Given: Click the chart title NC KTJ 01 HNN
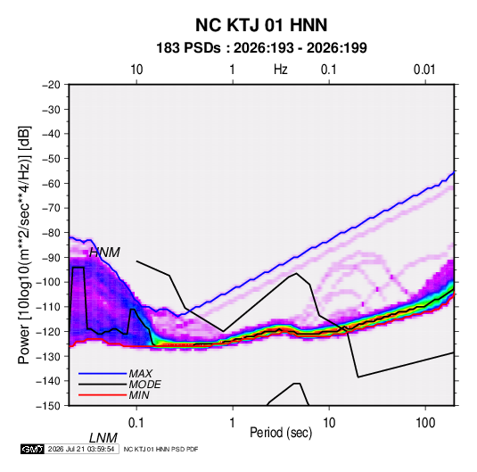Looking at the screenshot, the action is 261,25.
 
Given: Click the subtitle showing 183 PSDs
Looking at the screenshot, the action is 261,48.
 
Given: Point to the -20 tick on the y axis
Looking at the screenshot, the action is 51,85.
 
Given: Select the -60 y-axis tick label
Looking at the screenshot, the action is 51,183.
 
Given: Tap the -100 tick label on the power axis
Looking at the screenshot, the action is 48,282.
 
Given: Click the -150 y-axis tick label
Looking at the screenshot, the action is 48,406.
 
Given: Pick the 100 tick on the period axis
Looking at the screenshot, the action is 425,423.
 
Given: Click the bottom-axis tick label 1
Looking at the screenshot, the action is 233,423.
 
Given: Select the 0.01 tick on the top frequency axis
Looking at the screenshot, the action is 424,70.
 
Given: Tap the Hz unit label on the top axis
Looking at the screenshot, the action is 281,70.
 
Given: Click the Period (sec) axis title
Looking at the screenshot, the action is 281,433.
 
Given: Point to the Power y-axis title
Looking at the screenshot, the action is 24,245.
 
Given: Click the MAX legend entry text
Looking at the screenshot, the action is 140,374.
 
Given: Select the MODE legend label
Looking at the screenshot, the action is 144,385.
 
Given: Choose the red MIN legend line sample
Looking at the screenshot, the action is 103,395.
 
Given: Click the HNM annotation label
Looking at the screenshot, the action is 104,253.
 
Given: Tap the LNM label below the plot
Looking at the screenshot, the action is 103,438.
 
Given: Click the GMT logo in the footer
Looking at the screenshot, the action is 33,449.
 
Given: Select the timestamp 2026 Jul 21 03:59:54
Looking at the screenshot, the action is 81,449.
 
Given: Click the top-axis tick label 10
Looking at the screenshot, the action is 136,70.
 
